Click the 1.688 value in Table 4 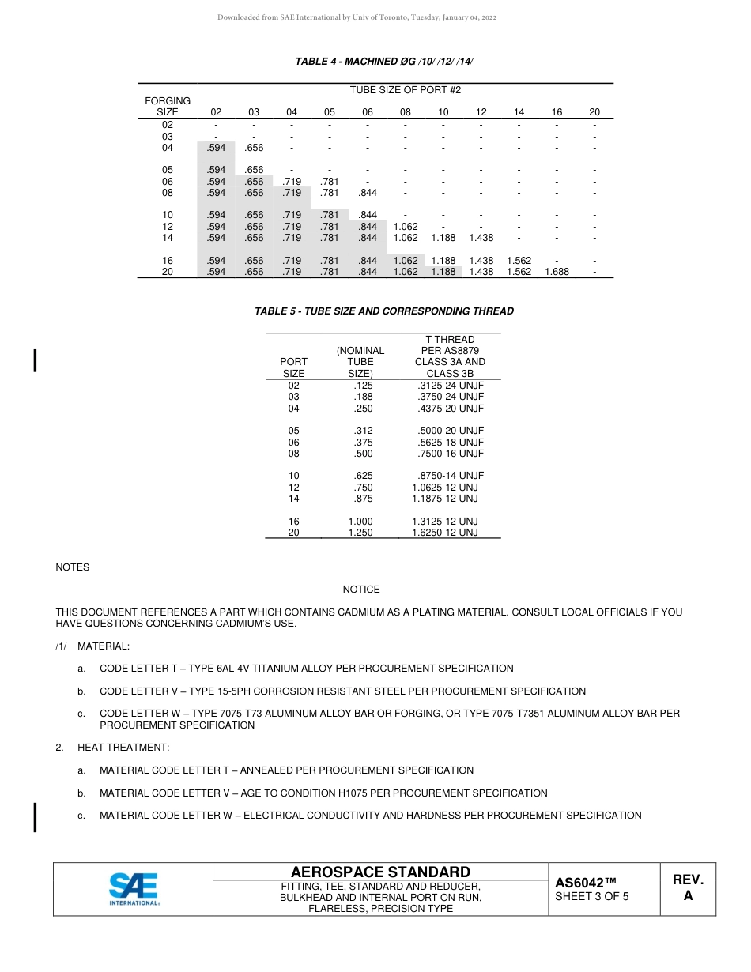click(557, 272)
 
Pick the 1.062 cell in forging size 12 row click(406, 226)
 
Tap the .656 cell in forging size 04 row click(254, 148)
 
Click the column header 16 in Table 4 click(557, 112)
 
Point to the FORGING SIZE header click(168, 107)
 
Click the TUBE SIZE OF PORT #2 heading click(405, 90)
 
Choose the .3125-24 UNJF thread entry click(451, 385)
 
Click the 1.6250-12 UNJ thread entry click(445, 533)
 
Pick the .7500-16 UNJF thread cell click(451, 454)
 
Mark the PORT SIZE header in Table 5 click(293, 367)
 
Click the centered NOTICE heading click(361, 590)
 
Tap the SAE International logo click(134, 889)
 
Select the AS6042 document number click(585, 883)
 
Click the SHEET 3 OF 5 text click(592, 896)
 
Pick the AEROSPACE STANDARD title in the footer click(380, 872)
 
